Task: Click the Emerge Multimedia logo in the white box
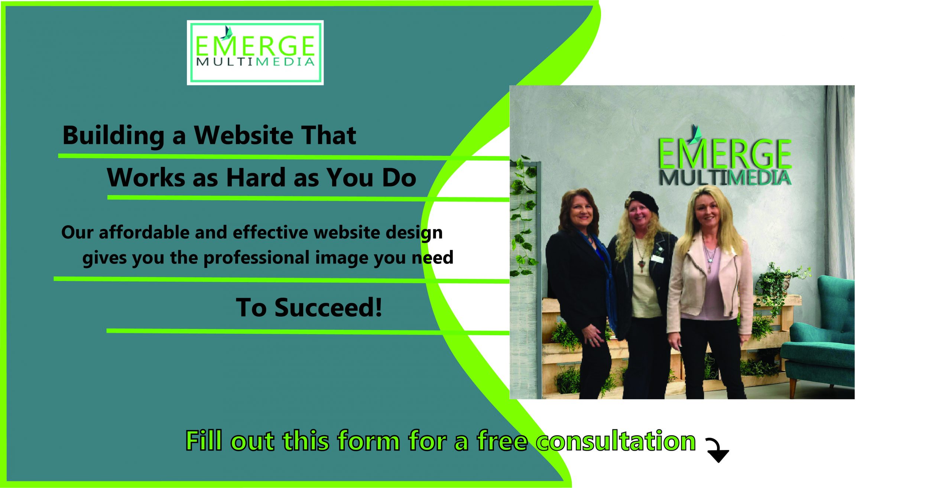tap(255, 52)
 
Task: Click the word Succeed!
tap(328, 307)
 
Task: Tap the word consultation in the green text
tap(616, 441)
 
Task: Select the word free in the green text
tap(502, 441)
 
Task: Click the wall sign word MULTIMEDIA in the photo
tap(725, 178)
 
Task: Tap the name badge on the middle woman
tap(658, 258)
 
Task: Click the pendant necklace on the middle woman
tap(642, 267)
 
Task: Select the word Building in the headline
tap(113, 136)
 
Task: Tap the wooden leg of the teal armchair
tap(793, 387)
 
